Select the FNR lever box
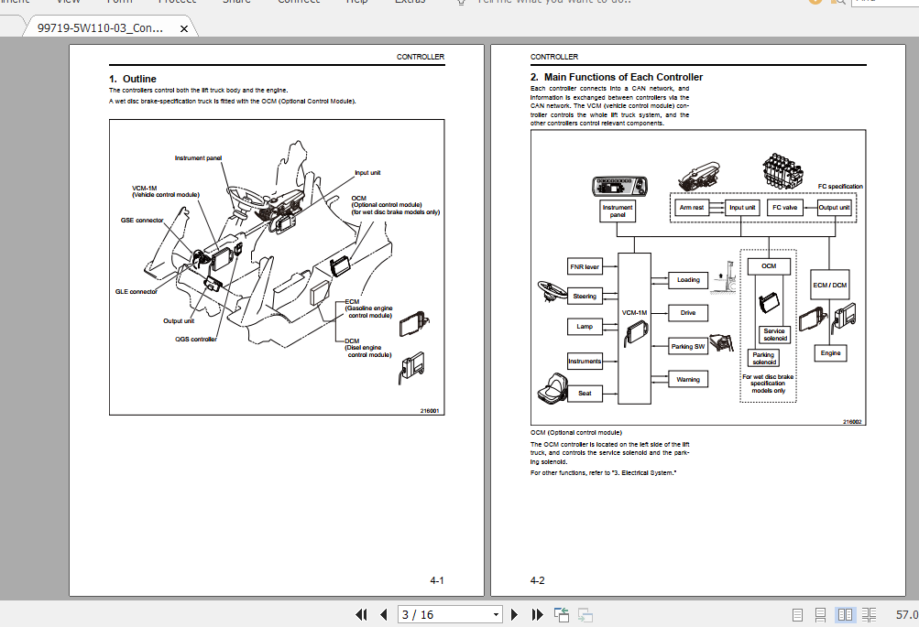pos(585,267)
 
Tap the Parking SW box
pos(688,346)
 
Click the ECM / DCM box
pos(830,285)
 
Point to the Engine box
pos(830,352)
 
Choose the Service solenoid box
pos(774,335)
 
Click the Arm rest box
pos(691,208)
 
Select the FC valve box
pos(784,208)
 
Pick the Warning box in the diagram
pos(688,379)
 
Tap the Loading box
pos(688,279)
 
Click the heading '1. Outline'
pos(133,79)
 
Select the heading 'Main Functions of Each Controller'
pos(623,77)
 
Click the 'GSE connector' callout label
pos(142,221)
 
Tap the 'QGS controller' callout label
pos(196,339)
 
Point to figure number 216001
pos(430,410)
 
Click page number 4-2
pos(538,580)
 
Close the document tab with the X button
pos(183,28)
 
